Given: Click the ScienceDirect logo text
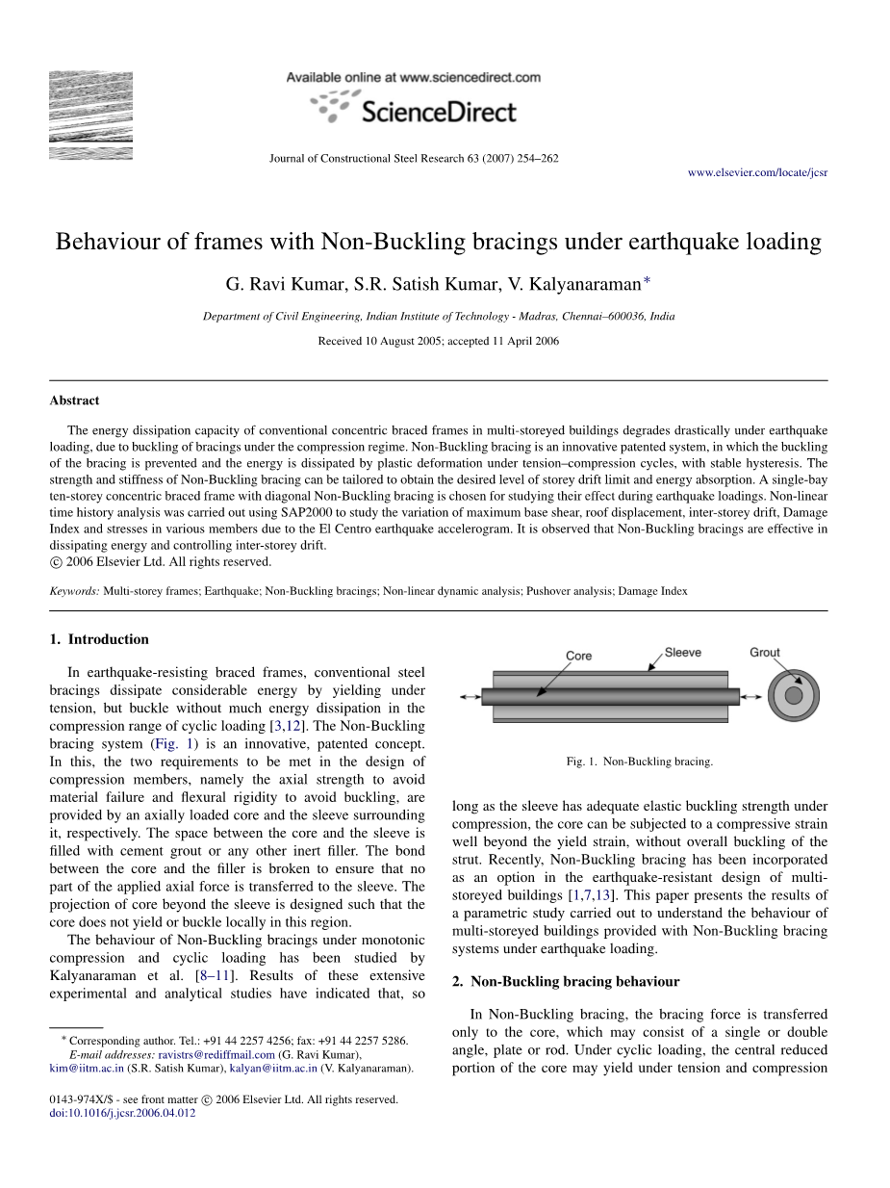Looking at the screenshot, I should [x=438, y=113].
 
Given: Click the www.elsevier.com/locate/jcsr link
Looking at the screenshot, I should [x=757, y=172].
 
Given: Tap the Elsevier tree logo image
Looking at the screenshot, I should [x=90, y=114].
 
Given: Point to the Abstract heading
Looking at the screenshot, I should [x=74, y=400].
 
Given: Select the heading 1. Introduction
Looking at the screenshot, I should [x=99, y=639].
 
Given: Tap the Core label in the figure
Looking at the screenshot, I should [x=578, y=656].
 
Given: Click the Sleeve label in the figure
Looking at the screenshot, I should [x=682, y=653].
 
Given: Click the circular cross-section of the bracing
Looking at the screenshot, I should [x=794, y=695].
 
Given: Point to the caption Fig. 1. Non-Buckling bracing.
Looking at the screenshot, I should [x=640, y=762].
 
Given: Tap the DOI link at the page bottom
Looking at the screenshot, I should [x=121, y=1113].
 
